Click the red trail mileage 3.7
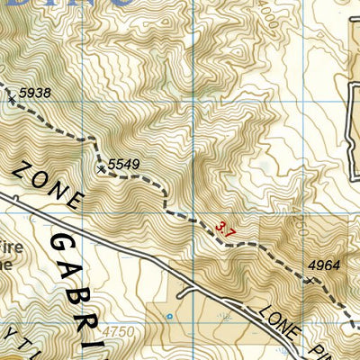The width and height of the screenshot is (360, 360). tap(226, 231)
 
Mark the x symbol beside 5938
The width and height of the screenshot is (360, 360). tap(12, 100)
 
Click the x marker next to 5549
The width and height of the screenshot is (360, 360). tap(101, 167)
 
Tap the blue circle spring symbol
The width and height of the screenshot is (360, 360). tap(168, 316)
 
